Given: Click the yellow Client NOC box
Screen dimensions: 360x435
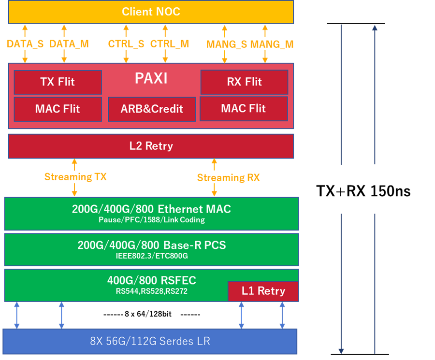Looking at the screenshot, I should [151, 12].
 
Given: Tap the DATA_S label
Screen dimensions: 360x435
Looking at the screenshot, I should [25, 44].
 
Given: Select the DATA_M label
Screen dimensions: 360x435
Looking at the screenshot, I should [69, 44].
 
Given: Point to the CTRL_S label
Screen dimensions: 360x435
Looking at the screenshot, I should [126, 44].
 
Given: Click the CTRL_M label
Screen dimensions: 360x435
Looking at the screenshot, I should [170, 44].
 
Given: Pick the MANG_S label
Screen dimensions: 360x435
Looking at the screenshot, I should [227, 44].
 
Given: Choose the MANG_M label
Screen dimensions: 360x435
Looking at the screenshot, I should [272, 44].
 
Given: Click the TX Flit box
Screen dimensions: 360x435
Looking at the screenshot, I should [58, 82].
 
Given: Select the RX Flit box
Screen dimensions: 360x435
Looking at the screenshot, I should [244, 82].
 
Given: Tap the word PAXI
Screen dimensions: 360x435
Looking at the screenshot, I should [151, 79].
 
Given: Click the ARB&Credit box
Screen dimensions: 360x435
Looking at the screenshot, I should [152, 109].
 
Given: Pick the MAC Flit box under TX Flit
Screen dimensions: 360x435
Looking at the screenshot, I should [58, 109].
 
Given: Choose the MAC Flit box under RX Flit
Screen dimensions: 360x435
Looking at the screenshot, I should [244, 108].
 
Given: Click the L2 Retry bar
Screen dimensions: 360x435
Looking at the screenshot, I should [151, 146].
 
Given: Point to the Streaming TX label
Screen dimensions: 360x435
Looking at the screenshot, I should [75, 177].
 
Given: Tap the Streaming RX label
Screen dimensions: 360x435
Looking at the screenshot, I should [228, 178].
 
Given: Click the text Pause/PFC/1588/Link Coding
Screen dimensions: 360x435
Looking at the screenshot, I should [151, 220].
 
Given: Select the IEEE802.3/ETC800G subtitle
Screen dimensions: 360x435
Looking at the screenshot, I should [151, 256].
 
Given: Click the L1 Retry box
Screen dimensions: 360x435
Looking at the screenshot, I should [263, 291].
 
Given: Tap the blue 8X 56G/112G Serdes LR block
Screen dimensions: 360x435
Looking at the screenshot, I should [150, 341].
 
